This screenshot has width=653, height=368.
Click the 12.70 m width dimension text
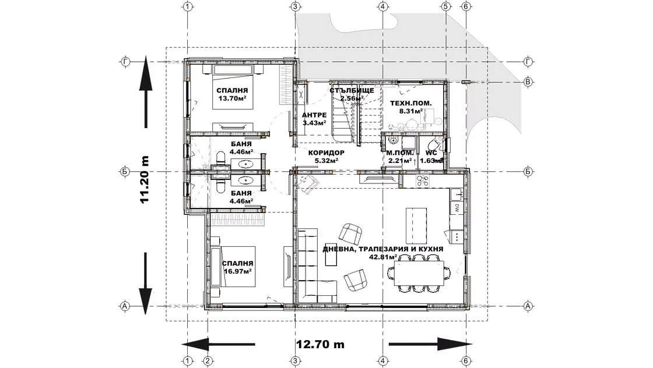pos(320,344)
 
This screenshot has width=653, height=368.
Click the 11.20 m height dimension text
pos(145,180)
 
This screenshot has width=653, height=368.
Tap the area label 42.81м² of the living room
pos(382,257)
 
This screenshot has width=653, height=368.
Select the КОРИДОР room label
pos(326,153)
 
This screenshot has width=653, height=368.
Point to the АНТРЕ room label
pos(314,115)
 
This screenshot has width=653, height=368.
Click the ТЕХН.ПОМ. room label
pos(410,103)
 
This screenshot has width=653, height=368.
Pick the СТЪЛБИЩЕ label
pos(352,90)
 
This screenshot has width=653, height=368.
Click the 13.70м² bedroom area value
pos(233,98)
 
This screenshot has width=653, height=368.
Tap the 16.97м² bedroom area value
pos(238,271)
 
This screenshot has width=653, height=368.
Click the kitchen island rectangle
pos(416,227)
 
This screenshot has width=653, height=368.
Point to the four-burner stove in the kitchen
pos(423,181)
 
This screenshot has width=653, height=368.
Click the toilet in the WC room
pos(434,144)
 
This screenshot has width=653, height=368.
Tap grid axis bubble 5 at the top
pos(445,6)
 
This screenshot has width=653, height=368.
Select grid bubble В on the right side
pos(528,82)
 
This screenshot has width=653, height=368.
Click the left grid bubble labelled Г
pos(125,62)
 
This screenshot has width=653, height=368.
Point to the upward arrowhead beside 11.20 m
pos(145,73)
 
